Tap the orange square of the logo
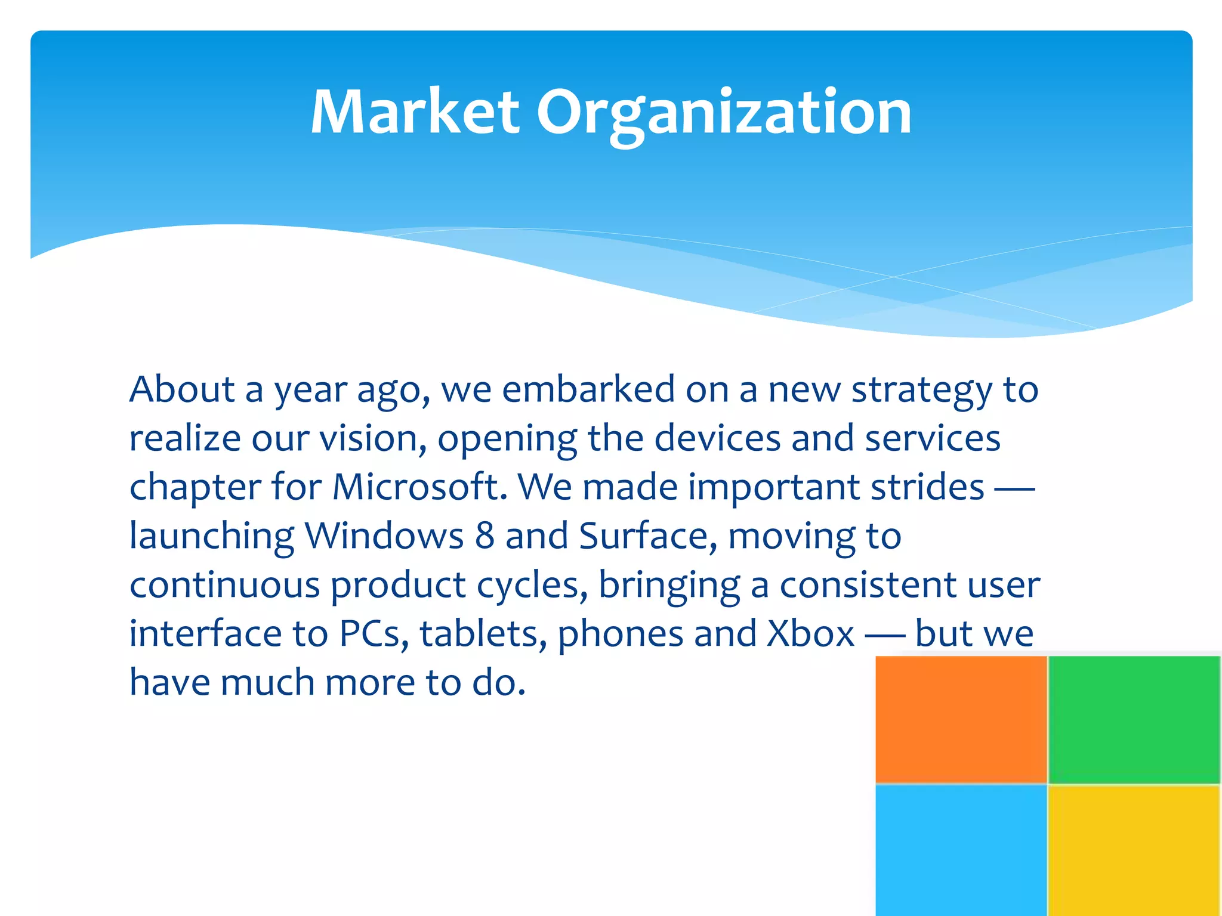click(961, 719)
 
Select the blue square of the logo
click(961, 850)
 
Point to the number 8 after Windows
click(485, 536)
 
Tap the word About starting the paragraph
click(182, 389)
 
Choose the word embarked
click(588, 389)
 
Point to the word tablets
click(483, 633)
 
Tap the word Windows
click(384, 536)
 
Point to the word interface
click(205, 633)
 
